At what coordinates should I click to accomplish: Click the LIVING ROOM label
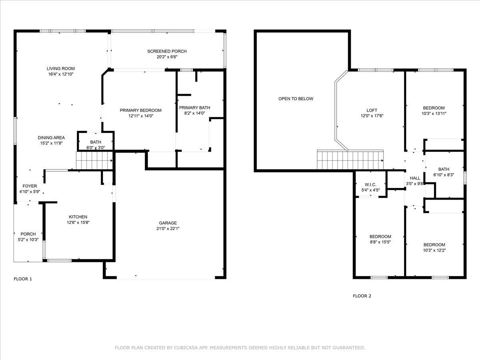tap(61, 68)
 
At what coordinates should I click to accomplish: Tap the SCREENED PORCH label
tap(167, 51)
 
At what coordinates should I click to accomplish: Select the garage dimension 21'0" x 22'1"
tap(168, 229)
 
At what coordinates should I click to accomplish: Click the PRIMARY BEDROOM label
tap(141, 110)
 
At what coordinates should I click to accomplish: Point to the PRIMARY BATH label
tap(194, 108)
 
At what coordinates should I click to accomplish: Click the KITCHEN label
tap(78, 217)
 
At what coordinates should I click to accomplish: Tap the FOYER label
tap(30, 186)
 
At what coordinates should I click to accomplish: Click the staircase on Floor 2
tap(350, 160)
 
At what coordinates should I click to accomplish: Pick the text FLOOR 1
tap(23, 279)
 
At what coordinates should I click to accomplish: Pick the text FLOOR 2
tap(362, 296)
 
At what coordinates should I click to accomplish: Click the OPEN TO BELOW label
tap(296, 98)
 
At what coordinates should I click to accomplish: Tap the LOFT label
tap(372, 110)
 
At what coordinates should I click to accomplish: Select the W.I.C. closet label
tap(370, 184)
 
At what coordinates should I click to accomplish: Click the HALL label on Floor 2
tap(415, 178)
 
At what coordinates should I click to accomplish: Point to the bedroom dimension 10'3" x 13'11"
tap(434, 114)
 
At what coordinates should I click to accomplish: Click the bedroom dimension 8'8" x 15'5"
tap(380, 242)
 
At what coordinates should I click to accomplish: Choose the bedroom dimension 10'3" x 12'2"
tap(434, 250)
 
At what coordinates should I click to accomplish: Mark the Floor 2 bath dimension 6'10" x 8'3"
tap(444, 175)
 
